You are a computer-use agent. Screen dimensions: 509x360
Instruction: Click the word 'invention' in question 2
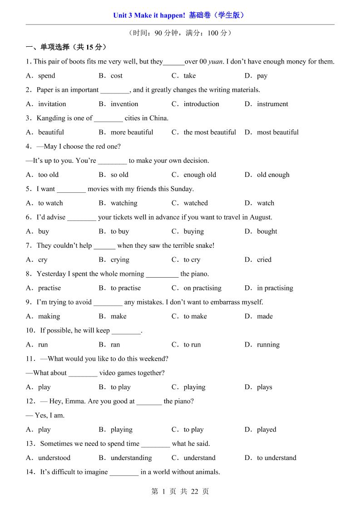tap(124, 104)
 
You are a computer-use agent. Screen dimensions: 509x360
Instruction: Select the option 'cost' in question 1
tap(117, 76)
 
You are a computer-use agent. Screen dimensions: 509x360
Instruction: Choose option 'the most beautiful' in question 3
tap(210, 132)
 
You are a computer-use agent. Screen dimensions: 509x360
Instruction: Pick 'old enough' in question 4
tap(273, 175)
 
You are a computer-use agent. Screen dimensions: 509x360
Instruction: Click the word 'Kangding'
tap(51, 118)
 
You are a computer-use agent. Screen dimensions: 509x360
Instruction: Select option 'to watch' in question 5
tap(50, 203)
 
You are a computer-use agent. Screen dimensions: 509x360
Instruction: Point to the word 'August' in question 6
tap(260, 217)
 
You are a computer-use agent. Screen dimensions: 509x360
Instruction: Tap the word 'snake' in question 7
tap(202, 245)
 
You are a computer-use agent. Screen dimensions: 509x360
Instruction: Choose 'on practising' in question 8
tap(202, 288)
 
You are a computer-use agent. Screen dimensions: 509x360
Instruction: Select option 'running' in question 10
tap(268, 345)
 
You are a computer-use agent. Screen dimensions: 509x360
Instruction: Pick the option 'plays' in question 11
tap(265, 387)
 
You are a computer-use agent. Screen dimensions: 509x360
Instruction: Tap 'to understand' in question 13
tap(276, 458)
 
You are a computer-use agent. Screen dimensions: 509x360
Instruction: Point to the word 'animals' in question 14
tap(207, 472)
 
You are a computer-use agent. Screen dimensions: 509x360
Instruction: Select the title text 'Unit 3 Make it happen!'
tap(149, 15)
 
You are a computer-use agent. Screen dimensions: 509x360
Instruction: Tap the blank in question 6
tap(82, 217)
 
